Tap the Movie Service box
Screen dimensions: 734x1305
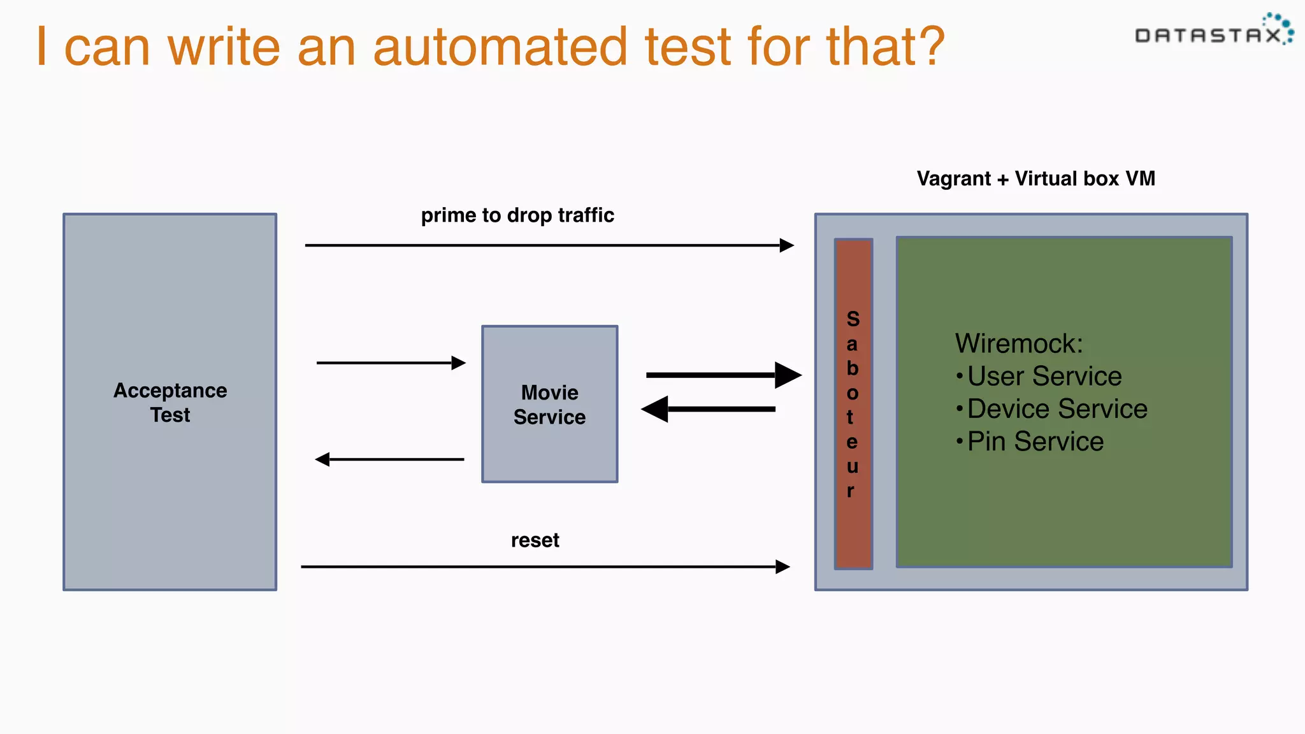[x=549, y=404]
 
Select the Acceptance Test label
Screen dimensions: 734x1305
[x=170, y=402]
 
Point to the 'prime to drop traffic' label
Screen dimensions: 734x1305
[x=517, y=215]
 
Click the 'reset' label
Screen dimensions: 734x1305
[x=535, y=540]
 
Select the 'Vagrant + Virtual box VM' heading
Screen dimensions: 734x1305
[x=1035, y=178]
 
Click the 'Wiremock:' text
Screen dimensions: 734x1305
[x=1018, y=343]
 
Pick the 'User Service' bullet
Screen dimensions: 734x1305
[x=1044, y=376]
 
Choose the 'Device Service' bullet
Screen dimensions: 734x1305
[x=1056, y=408]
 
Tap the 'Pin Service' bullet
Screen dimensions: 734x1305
[x=1035, y=441]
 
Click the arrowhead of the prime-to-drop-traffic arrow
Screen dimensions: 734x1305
[x=787, y=245]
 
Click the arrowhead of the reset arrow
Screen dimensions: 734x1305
[x=783, y=566]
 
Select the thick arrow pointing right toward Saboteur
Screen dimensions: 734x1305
[x=723, y=375]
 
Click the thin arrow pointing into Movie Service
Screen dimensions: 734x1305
[x=390, y=363]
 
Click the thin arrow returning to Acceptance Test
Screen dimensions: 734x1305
[x=390, y=459]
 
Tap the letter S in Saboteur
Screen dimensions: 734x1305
[x=853, y=319]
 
